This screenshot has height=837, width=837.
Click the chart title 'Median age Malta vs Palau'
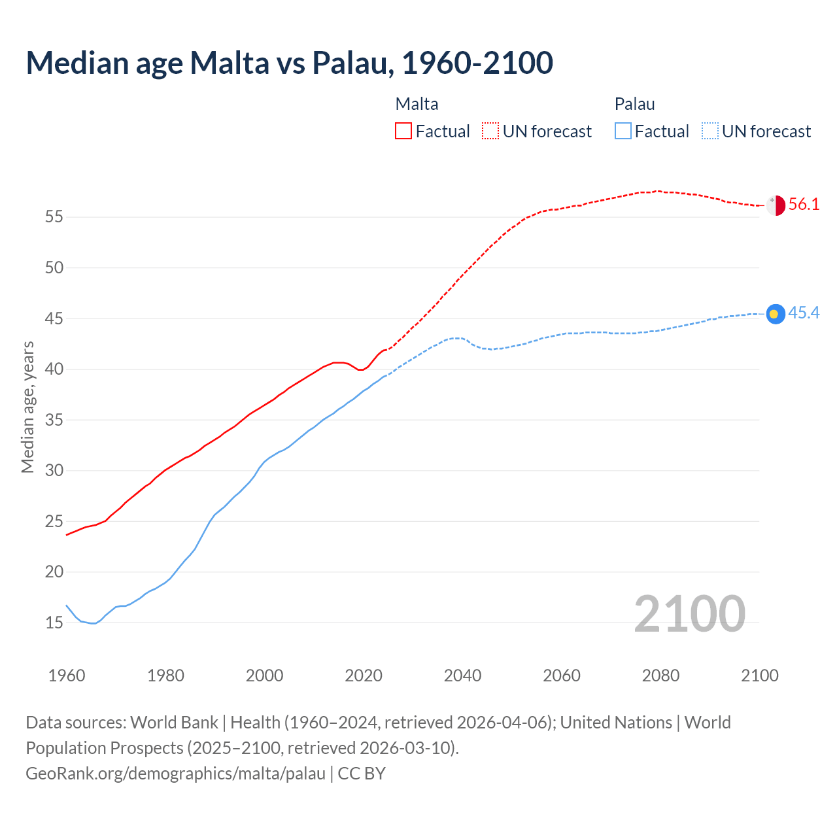click(x=289, y=63)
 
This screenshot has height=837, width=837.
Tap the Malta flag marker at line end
click(x=776, y=205)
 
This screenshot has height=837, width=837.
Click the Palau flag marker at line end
click(x=775, y=314)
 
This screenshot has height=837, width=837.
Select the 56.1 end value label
click(x=804, y=205)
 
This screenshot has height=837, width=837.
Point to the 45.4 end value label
click(x=804, y=313)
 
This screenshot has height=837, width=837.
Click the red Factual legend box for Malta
click(x=403, y=131)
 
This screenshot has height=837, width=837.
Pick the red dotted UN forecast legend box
click(x=490, y=131)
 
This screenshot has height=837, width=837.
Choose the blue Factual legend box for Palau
click(x=623, y=131)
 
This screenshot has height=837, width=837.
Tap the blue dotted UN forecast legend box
click(x=710, y=131)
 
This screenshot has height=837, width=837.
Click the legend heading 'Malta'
click(x=417, y=104)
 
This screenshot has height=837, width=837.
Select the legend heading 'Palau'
click(x=634, y=104)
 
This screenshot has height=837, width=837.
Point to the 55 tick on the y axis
click(x=54, y=216)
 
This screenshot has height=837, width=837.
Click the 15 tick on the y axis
click(x=54, y=623)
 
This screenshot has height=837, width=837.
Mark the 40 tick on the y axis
click(x=54, y=369)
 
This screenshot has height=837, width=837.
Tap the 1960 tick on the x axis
click(x=67, y=675)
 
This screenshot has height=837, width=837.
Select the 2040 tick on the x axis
click(x=462, y=675)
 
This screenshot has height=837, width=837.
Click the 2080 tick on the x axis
click(x=660, y=675)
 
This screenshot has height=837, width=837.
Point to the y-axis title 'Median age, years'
click(x=27, y=407)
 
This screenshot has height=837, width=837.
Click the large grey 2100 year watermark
click(x=689, y=613)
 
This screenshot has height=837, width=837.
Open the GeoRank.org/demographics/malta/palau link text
click(x=175, y=774)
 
